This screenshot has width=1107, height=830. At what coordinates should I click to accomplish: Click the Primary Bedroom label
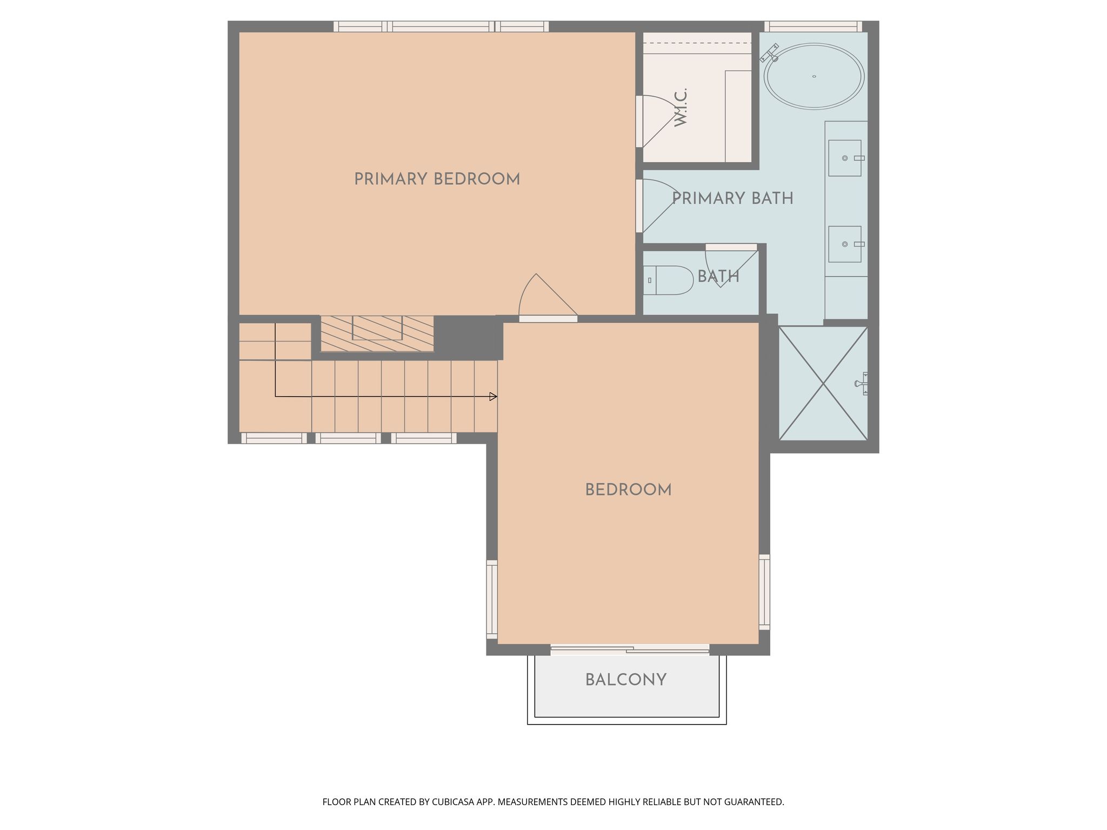click(437, 179)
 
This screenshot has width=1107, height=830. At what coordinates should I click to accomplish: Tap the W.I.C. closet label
click(681, 108)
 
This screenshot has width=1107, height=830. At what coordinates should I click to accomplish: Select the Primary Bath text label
click(732, 198)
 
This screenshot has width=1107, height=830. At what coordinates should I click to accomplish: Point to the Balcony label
click(626, 680)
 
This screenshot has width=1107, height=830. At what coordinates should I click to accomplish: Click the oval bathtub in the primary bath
click(814, 76)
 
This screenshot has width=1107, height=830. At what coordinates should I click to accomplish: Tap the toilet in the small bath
click(669, 280)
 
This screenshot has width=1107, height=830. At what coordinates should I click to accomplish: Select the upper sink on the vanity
click(845, 158)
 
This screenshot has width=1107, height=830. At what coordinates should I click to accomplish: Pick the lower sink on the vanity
click(845, 244)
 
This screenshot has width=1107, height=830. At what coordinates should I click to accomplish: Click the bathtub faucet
click(770, 53)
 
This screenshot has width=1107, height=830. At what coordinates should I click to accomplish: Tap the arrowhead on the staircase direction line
click(493, 397)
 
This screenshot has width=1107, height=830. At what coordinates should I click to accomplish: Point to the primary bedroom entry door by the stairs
click(548, 297)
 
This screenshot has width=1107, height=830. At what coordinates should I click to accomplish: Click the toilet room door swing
click(731, 265)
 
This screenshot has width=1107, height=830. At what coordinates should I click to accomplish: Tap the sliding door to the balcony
click(630, 650)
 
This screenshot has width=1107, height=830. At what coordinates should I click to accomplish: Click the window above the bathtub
click(813, 26)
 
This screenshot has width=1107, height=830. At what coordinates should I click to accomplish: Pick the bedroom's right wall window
click(764, 592)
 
